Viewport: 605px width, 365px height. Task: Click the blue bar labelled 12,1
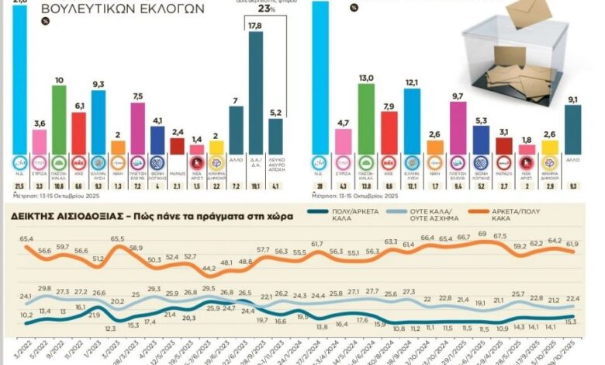click(413, 121)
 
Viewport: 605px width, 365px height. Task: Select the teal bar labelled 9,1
click(572, 130)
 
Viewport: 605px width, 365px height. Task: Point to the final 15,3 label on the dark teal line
click(570, 322)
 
